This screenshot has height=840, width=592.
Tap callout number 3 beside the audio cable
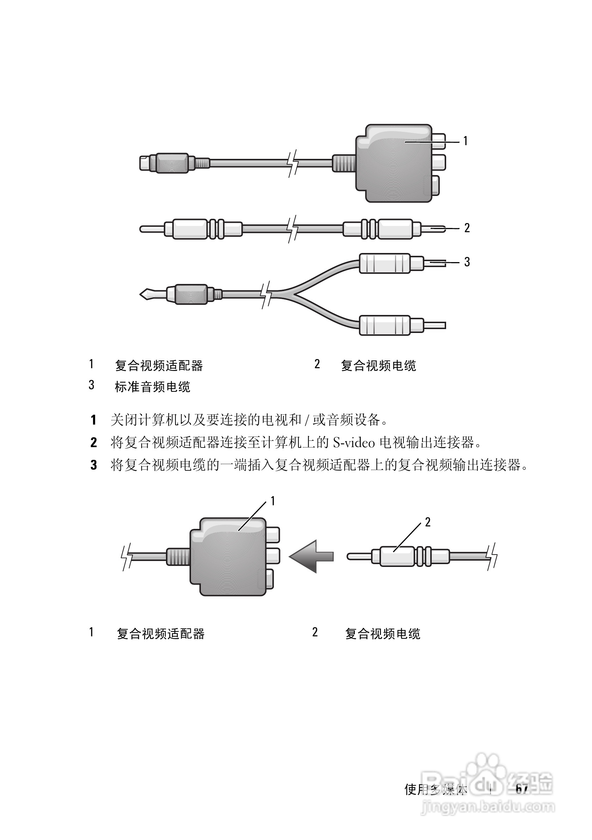coord(467,262)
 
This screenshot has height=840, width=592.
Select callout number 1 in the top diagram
coord(465,141)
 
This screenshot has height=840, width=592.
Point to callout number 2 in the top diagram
coord(467,228)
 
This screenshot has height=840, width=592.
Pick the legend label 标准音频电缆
coord(153,387)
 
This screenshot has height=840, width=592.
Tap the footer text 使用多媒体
coord(436,790)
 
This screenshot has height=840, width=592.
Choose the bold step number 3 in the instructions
coord(94,465)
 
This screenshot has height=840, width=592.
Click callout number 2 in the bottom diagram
coord(427,522)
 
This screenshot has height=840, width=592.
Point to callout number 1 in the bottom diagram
coord(273,501)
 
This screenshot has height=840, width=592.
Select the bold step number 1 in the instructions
coord(94,420)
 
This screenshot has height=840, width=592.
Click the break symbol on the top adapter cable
coord(293,163)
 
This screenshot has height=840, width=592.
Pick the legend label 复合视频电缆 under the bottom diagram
coord(383,634)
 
